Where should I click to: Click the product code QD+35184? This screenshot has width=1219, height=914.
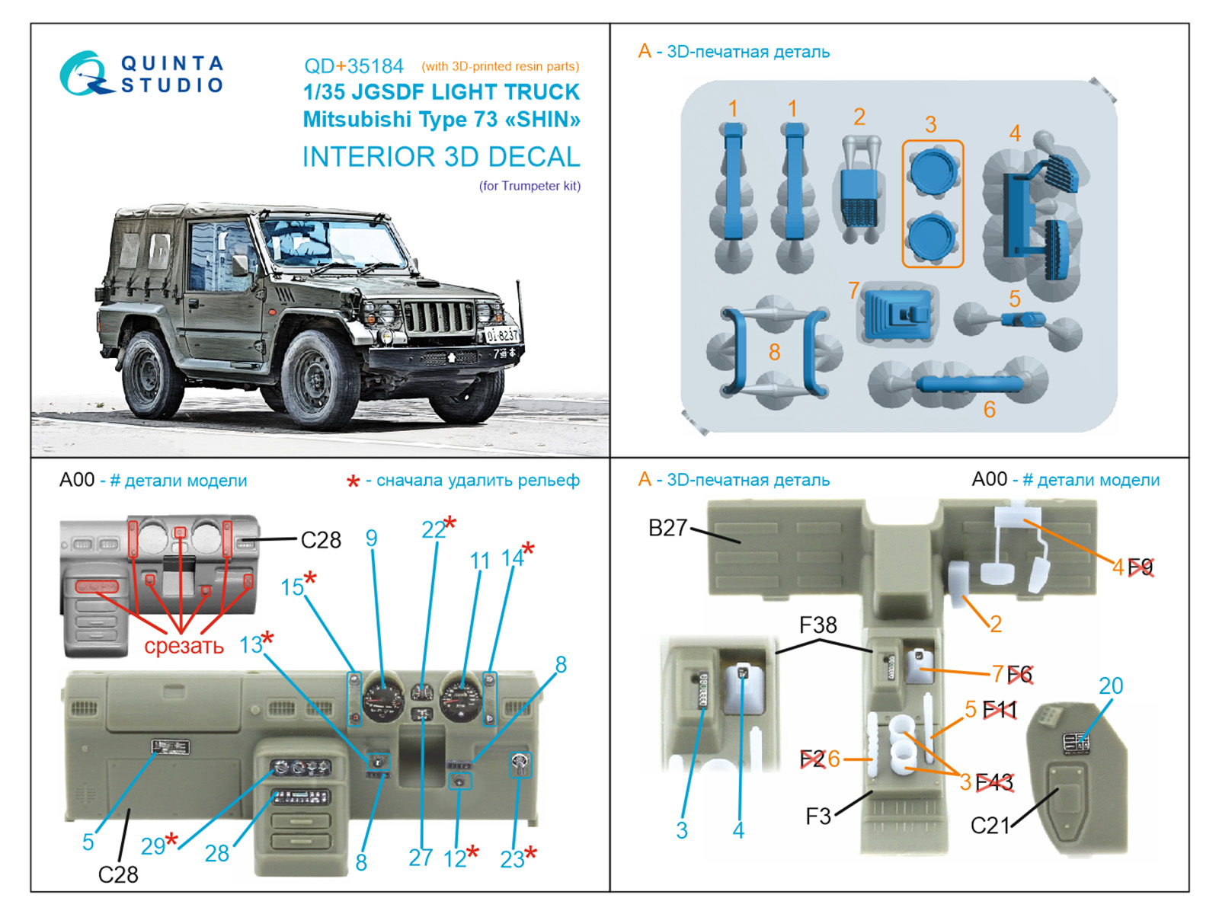click(x=354, y=66)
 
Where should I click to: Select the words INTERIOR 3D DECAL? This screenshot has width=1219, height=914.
click(x=441, y=157)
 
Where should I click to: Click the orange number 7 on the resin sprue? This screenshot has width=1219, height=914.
click(x=853, y=290)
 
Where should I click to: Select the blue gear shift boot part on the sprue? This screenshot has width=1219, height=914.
click(x=897, y=314)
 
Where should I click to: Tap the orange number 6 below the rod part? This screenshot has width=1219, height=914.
click(x=989, y=410)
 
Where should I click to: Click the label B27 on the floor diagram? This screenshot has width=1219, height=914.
click(x=667, y=528)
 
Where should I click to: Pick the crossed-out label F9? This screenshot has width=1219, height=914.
click(x=1141, y=567)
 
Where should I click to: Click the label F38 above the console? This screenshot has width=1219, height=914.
click(x=817, y=625)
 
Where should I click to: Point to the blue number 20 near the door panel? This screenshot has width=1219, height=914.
click(x=1111, y=686)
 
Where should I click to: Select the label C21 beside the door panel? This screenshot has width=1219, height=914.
click(x=990, y=826)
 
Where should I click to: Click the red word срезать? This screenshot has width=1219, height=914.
click(x=184, y=646)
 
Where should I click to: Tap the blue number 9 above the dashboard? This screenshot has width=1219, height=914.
click(x=371, y=538)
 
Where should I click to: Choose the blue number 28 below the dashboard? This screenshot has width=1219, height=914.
click(x=216, y=854)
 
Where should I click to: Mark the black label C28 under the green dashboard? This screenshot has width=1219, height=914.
click(x=118, y=874)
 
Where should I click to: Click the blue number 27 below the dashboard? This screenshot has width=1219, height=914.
click(x=421, y=858)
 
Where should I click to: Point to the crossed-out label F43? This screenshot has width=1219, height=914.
click(x=994, y=782)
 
